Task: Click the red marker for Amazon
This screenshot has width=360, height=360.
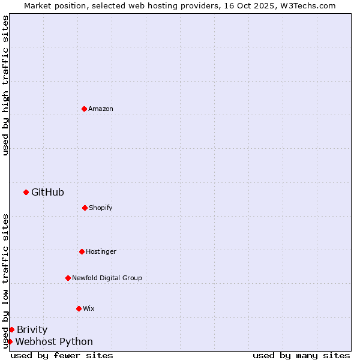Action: tap(84, 109)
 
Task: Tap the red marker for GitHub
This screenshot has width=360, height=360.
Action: tap(26, 192)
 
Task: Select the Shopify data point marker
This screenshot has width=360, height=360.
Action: tap(85, 208)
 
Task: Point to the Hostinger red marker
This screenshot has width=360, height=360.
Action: tap(82, 251)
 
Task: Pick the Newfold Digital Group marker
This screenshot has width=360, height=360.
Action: tap(68, 278)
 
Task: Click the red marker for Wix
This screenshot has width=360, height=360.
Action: tap(79, 308)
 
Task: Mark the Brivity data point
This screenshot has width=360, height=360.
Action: tap(11, 329)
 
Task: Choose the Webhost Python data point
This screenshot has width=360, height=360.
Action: tap(10, 341)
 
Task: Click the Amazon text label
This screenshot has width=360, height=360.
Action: tap(101, 109)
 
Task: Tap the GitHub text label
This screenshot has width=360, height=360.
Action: tap(47, 192)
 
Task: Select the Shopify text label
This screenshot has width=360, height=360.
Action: tap(101, 208)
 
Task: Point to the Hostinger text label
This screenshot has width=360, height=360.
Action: tap(101, 251)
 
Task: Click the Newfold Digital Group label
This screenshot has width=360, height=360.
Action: tap(107, 278)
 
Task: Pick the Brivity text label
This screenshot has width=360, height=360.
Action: tap(32, 329)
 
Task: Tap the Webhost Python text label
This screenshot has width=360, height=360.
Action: tap(54, 341)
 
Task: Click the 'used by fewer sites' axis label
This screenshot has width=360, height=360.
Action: tap(62, 355)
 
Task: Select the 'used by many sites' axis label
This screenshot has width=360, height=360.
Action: tap(301, 355)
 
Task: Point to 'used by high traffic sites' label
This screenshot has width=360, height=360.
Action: tap(5, 85)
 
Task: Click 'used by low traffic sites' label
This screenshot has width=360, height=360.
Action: tap(5, 281)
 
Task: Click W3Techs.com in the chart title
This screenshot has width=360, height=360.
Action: tap(308, 5)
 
